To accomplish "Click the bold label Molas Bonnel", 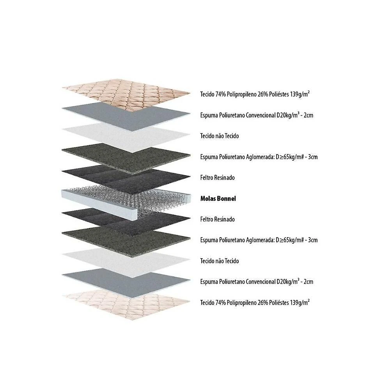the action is tap(218, 199).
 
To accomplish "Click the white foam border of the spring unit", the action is tap(99, 203).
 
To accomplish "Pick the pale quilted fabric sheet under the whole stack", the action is tap(126, 304).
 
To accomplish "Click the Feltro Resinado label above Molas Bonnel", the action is tap(217, 177).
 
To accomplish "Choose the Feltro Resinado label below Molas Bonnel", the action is tap(217, 219).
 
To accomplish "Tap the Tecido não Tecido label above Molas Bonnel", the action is tap(219, 136).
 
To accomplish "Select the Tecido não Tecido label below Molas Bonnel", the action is tap(219, 261).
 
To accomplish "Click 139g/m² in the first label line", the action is tap(300, 94).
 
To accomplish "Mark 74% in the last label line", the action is tap(220, 303).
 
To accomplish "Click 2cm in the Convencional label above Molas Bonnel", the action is tap(308, 115).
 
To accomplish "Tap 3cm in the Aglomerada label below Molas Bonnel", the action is tap(313, 240).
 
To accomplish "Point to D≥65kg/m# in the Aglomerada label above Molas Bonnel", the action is tap(289, 157).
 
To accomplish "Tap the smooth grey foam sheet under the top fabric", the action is tap(126, 116).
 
